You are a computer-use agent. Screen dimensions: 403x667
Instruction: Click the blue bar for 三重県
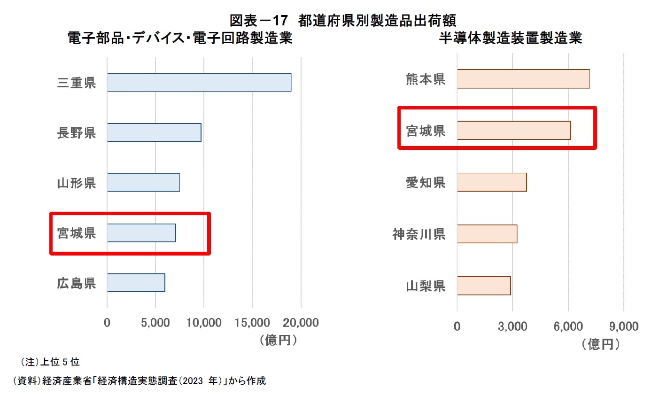[x=199, y=83]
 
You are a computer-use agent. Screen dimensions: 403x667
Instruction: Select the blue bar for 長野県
[x=154, y=132]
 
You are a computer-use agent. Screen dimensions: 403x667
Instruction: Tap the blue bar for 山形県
[x=143, y=182]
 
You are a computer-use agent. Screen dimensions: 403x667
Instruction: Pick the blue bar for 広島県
[x=136, y=283]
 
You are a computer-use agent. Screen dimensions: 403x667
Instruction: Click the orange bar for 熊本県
[x=523, y=79]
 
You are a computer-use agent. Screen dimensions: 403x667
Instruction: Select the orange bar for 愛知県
[x=491, y=182]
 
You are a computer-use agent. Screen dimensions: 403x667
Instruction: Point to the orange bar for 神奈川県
[x=487, y=234]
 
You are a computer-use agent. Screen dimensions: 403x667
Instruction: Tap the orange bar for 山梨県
[x=483, y=286]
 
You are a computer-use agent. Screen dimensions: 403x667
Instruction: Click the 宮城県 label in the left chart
[x=77, y=233]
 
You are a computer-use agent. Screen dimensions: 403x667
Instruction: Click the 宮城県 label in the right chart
[x=426, y=131]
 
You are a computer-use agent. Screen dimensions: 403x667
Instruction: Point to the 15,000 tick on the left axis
[x=252, y=323]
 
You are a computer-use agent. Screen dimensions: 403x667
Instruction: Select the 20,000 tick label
[x=301, y=323]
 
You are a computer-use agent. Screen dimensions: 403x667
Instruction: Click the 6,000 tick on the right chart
[x=568, y=326]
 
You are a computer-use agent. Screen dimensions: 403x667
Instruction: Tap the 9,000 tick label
[x=623, y=326]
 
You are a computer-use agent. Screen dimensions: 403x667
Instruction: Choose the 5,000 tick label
[x=155, y=323]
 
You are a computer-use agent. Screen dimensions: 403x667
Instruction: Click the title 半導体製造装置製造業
[x=510, y=38]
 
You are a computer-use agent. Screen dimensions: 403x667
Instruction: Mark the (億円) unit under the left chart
[x=278, y=340]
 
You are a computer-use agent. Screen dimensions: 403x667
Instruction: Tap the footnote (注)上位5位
[x=49, y=362]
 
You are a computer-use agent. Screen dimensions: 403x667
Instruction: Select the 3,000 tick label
[x=512, y=326]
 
